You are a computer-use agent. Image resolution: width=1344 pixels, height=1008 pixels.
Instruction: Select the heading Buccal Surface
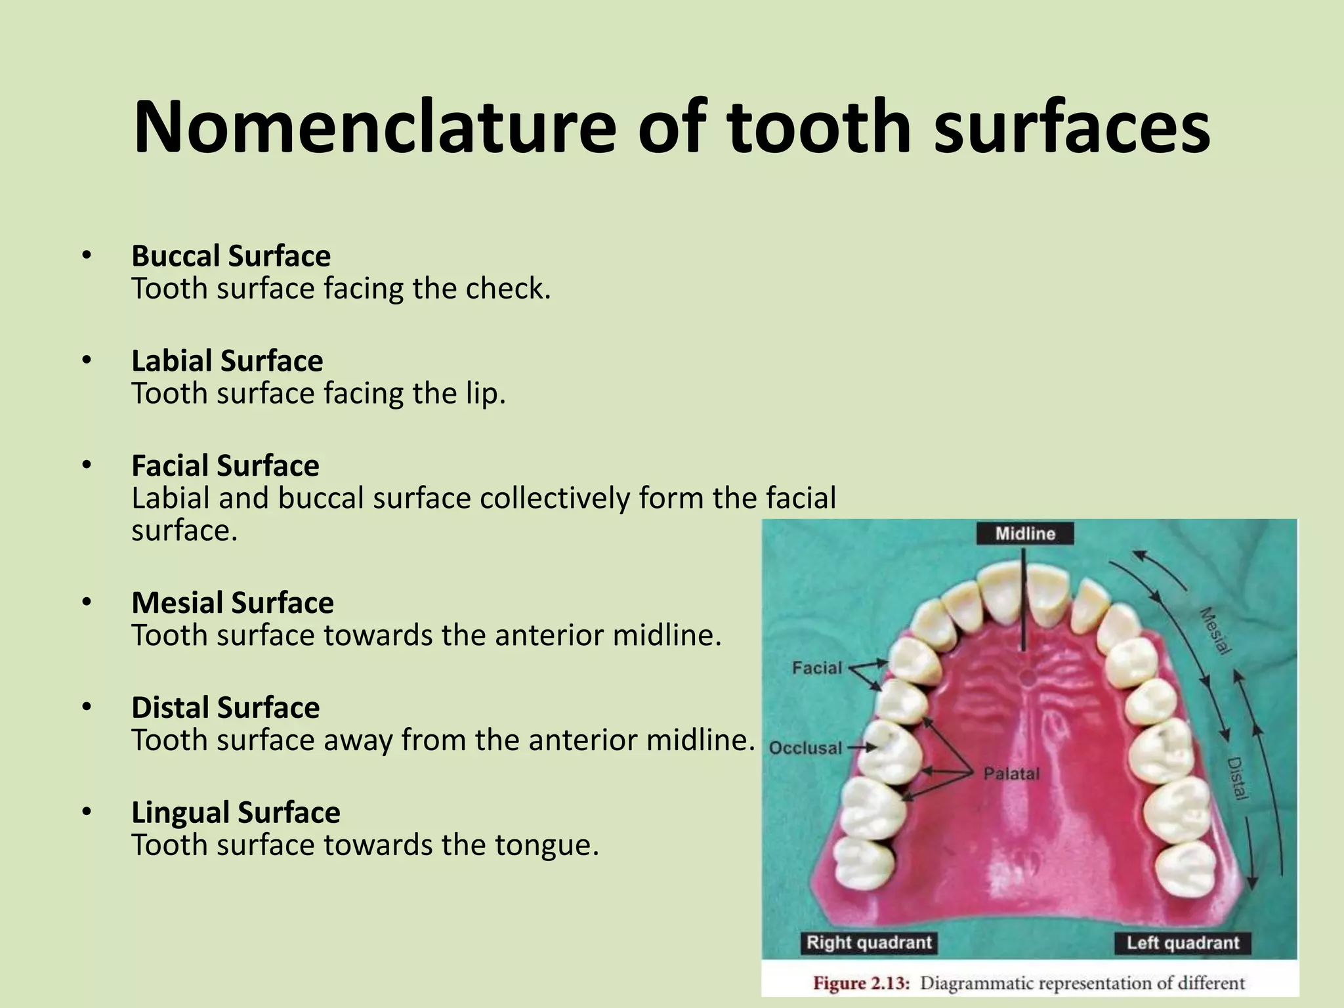[231, 256]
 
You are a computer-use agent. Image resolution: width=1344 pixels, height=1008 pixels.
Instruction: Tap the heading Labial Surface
[227, 361]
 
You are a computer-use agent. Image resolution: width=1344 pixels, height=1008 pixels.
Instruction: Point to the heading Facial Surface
[225, 466]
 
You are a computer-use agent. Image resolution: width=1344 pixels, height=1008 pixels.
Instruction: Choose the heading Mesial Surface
[232, 602]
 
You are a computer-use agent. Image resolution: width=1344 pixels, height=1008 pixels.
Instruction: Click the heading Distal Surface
[225, 707]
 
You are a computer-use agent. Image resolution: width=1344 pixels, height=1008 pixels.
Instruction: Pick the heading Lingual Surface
[236, 812]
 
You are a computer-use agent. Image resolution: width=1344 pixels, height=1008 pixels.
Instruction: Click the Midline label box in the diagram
[1024, 534]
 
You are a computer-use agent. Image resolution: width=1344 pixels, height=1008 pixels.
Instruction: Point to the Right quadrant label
[868, 943]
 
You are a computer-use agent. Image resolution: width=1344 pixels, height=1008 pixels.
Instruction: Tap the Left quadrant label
[1183, 943]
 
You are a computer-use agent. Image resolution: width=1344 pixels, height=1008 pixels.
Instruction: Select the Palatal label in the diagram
[1011, 774]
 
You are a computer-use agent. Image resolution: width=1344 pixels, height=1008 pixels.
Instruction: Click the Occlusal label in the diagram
[805, 748]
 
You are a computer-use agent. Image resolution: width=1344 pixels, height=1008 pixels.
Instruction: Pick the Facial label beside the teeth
[816, 668]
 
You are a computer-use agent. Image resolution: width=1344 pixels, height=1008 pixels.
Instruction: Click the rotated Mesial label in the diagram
[1215, 631]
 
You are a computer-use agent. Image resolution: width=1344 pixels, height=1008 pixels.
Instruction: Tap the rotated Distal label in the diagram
[1236, 778]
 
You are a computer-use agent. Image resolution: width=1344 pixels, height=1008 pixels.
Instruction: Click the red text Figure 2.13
[861, 983]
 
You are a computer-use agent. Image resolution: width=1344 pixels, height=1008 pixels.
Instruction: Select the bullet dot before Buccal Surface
[87, 257]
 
